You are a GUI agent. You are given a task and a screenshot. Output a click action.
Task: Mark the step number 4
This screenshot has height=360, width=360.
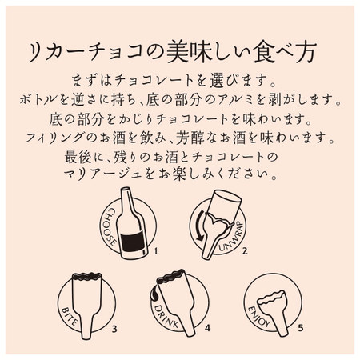point(206,328)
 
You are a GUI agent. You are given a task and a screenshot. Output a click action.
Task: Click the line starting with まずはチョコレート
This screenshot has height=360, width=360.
point(180,82)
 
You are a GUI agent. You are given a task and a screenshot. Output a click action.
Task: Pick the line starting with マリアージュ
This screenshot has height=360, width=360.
point(180,173)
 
